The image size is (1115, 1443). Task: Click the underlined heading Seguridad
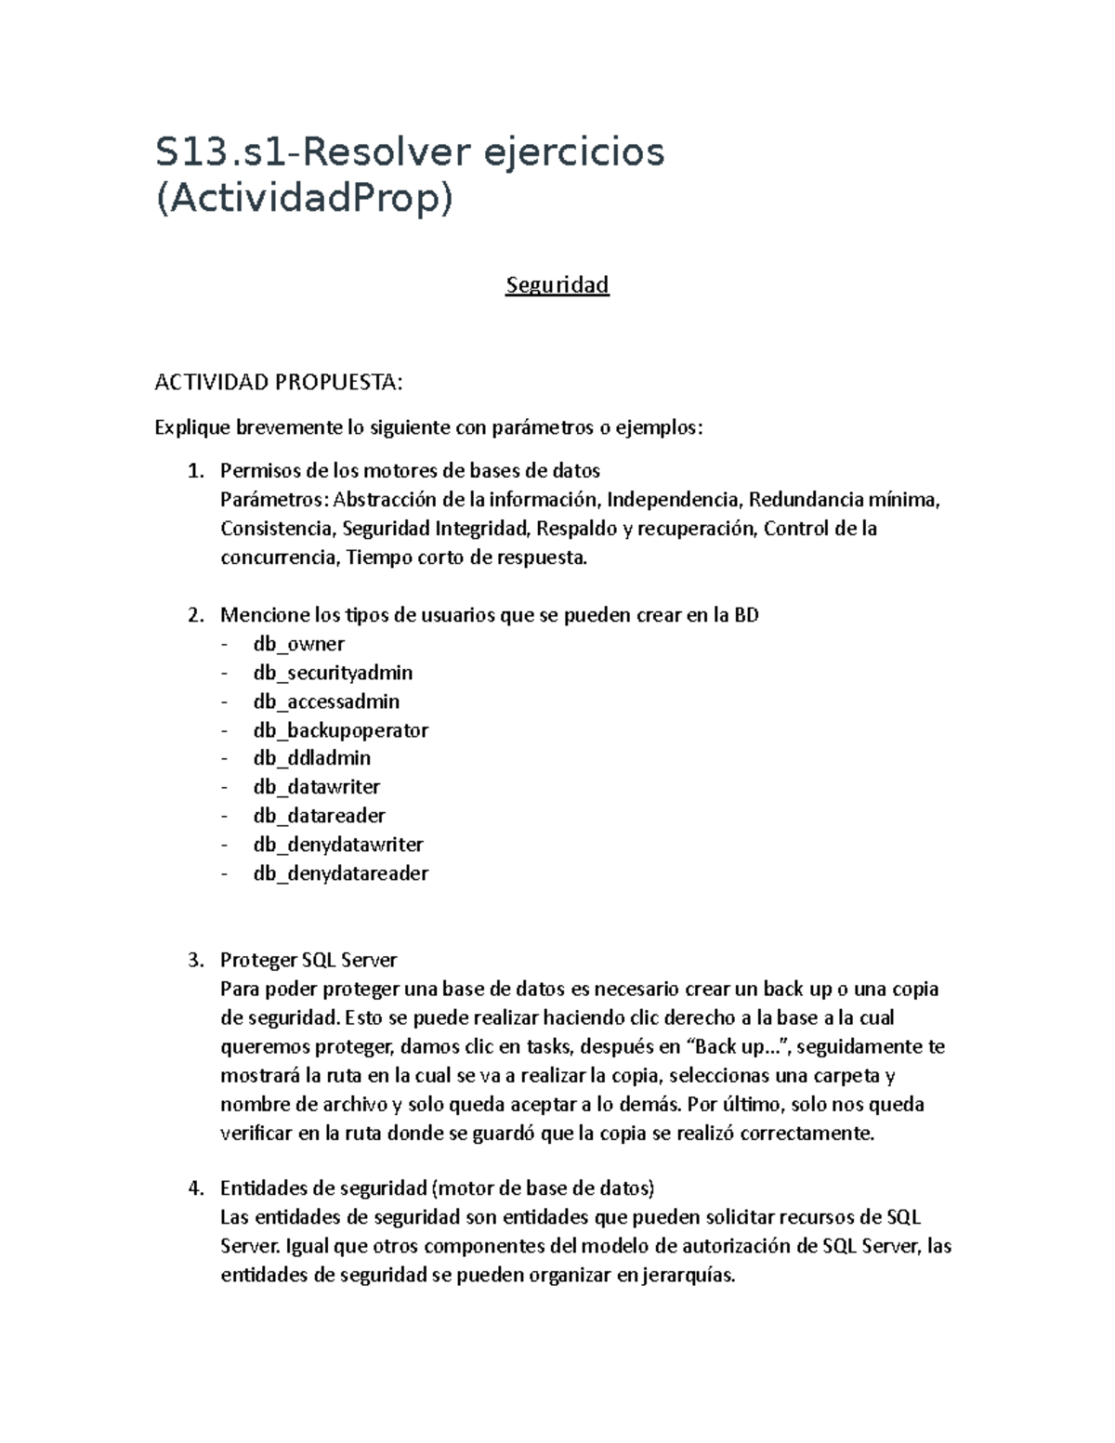(557, 285)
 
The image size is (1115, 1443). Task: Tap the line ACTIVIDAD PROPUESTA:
(279, 382)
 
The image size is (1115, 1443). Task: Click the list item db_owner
(298, 644)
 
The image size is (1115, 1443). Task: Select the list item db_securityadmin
(333, 673)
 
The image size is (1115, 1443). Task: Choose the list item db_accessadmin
(326, 702)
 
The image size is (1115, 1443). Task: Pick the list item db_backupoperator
(340, 730)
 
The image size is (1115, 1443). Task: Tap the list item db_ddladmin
(311, 758)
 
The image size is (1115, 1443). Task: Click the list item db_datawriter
(316, 787)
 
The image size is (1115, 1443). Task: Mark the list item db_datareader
(319, 816)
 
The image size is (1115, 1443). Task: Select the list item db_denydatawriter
(338, 845)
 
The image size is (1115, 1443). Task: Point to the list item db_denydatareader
(340, 873)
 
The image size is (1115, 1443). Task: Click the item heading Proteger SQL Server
(308, 960)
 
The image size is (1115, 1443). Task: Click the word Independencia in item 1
(673, 500)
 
